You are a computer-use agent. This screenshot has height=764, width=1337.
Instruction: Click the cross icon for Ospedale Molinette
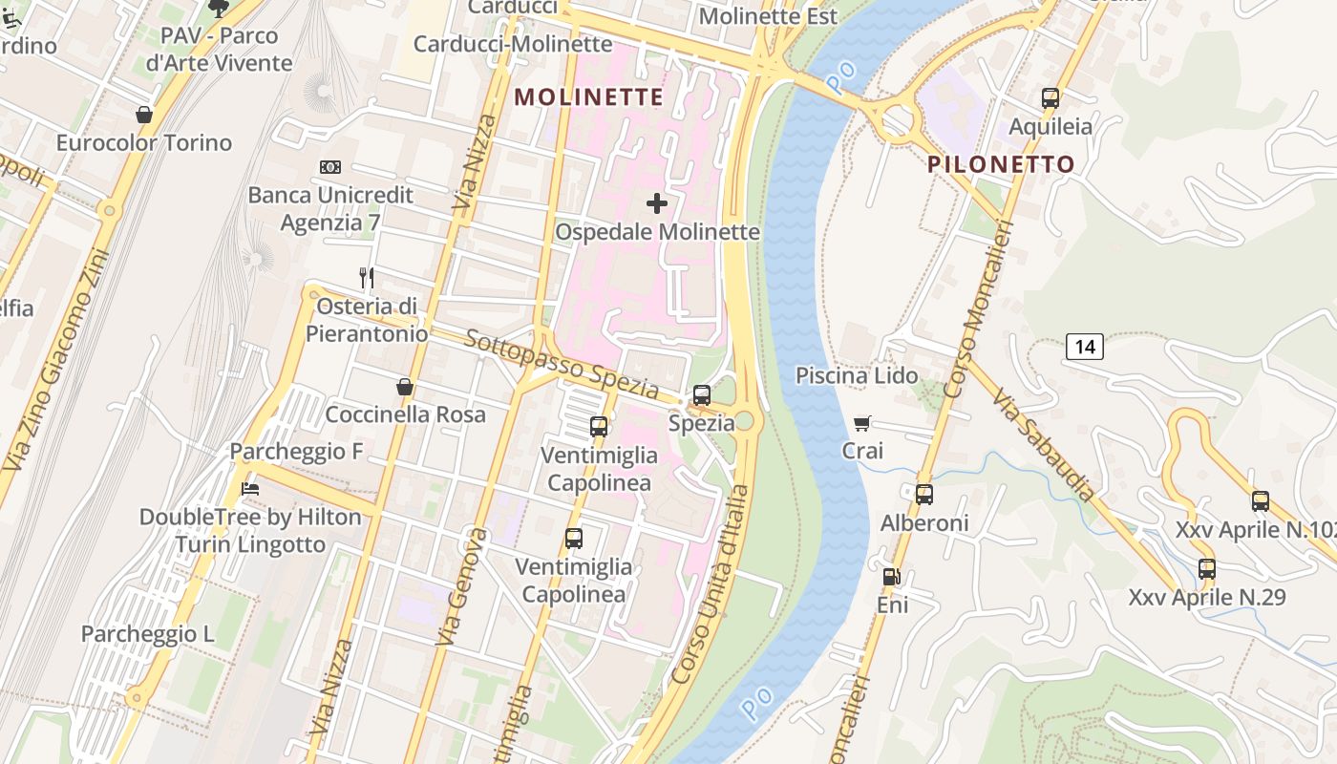[657, 202]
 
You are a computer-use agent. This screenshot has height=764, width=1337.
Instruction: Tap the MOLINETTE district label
[588, 96]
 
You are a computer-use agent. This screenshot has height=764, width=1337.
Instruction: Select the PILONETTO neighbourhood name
[1002, 164]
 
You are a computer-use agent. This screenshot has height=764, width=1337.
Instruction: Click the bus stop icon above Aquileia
[1050, 97]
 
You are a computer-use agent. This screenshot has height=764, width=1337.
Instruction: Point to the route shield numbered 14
[1085, 346]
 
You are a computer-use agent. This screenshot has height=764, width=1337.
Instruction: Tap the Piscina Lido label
[857, 375]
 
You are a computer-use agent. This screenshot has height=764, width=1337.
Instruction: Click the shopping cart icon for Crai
[862, 423]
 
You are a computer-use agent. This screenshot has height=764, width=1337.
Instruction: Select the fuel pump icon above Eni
[891, 576]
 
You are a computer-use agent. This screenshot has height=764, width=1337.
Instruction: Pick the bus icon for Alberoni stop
[923, 494]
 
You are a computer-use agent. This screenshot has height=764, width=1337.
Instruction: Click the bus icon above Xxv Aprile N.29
[1207, 569]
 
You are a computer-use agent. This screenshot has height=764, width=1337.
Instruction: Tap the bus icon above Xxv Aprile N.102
[1261, 501]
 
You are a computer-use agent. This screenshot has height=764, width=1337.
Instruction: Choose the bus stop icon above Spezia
[702, 394]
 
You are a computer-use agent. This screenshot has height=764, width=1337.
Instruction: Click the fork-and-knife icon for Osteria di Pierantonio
[367, 278]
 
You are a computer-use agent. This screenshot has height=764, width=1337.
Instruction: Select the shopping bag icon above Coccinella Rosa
[405, 387]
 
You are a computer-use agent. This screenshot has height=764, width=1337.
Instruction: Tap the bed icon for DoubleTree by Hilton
[250, 488]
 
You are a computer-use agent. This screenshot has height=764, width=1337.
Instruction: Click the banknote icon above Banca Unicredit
[330, 167]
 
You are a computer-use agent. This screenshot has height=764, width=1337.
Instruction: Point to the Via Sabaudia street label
[1045, 445]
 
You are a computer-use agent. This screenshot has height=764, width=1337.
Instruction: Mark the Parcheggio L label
[147, 634]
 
